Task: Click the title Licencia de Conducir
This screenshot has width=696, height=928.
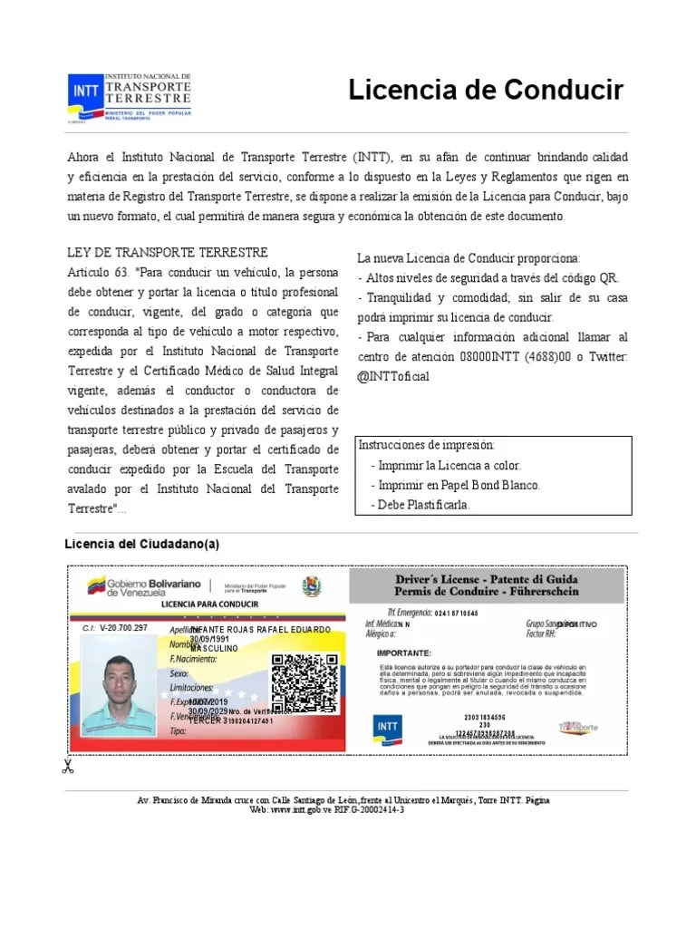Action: click(x=486, y=91)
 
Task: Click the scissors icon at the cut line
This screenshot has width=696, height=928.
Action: click(x=67, y=767)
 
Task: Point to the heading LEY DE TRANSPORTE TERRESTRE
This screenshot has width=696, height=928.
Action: click(x=168, y=252)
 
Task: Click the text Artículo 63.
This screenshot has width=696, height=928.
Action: click(x=98, y=273)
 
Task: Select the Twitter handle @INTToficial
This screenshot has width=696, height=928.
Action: click(x=394, y=376)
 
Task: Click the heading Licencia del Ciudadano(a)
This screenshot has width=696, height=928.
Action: click(x=142, y=544)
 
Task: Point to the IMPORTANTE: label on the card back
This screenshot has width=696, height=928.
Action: click(x=404, y=652)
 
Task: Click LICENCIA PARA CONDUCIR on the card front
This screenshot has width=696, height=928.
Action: click(x=209, y=604)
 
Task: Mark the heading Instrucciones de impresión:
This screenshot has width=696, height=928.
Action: click(x=427, y=445)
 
